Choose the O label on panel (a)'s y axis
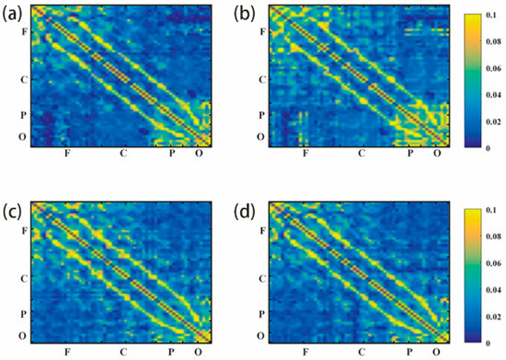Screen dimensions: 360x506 25,137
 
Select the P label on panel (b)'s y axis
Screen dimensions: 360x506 262,116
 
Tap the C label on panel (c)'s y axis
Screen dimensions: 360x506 25,277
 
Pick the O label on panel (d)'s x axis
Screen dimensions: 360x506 436,352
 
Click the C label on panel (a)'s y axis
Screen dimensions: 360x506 25,79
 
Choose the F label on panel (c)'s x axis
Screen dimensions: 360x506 67,352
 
